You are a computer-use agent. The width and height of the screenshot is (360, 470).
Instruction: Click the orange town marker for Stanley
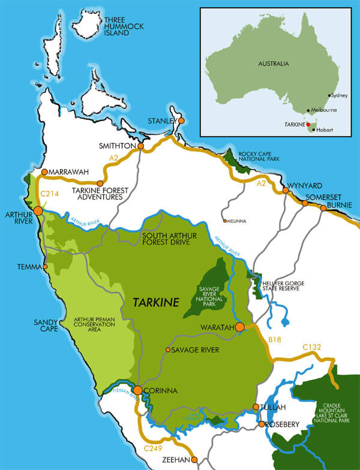(x=181, y=120)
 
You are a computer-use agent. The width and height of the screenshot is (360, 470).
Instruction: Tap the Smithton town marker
(x=140, y=146)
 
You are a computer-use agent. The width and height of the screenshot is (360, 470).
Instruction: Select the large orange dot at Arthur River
(x=38, y=210)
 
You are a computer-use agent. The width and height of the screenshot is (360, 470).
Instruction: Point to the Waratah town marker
(x=240, y=327)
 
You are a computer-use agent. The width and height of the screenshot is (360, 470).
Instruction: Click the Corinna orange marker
(x=137, y=390)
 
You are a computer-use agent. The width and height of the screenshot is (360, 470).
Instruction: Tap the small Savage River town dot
(x=168, y=350)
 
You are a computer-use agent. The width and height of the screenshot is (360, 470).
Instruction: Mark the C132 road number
(x=312, y=347)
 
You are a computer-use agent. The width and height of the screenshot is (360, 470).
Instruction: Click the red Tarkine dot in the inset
(x=308, y=125)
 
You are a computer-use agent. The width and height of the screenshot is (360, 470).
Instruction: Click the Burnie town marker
(x=323, y=209)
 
